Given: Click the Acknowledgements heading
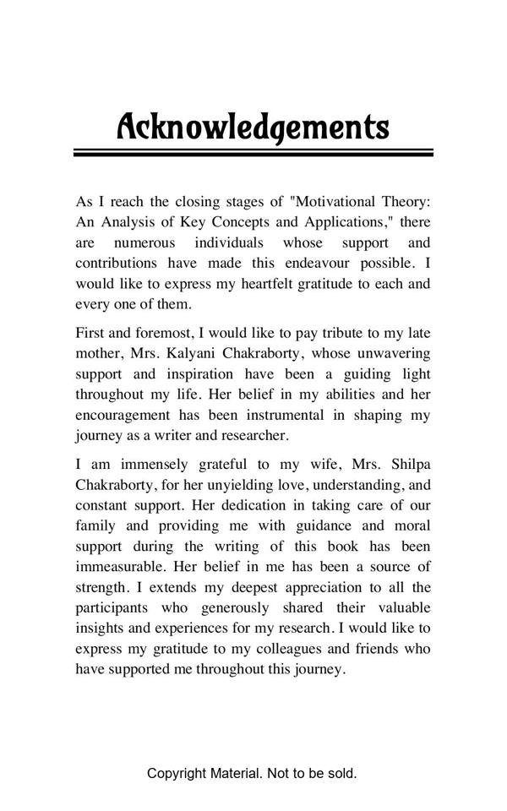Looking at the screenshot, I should click(253, 127).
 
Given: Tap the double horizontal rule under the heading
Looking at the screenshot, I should click(253, 153).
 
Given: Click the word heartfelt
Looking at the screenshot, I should click(277, 283).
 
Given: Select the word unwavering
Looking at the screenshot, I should click(394, 353).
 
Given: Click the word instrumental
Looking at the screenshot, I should click(286, 415).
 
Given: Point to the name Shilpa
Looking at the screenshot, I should click(410, 464).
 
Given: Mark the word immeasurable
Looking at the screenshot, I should click(122, 567).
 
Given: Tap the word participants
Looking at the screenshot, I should click(112, 608).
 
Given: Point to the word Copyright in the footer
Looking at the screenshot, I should click(176, 773).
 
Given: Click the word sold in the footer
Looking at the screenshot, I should click(341, 773).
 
